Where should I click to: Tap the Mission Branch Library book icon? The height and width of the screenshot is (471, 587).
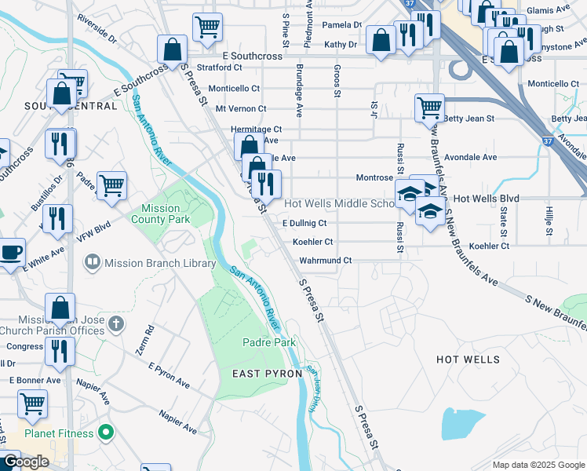tap(92, 261)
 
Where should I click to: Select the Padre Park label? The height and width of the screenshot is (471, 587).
tap(268, 343)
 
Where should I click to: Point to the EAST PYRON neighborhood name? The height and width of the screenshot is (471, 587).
tap(268, 374)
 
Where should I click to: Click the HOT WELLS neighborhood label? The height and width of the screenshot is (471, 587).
tap(468, 360)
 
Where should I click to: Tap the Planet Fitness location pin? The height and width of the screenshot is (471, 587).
tap(108, 433)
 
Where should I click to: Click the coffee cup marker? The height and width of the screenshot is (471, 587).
tap(11, 253)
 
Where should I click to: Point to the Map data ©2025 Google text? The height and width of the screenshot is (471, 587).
tap(538, 465)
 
